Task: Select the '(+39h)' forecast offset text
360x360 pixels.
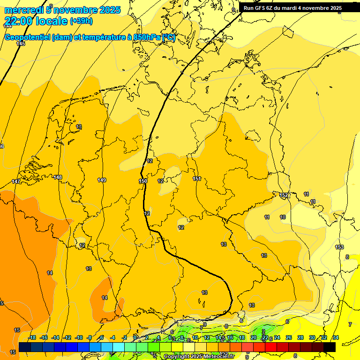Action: tap(81, 21)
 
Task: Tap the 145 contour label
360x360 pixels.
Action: tap(21, 44)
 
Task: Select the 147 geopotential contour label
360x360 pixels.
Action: tap(16, 181)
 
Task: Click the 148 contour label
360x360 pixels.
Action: tap(58, 177)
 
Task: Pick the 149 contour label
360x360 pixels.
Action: tap(102, 180)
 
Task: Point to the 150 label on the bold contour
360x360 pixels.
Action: tap(143, 181)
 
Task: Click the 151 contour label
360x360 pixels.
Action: tap(197, 179)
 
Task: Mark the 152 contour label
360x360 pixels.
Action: tap(284, 195)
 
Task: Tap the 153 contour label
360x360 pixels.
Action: tap(339, 247)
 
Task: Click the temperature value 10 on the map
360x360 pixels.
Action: tap(283, 217)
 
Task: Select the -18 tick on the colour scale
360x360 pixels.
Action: tap(32, 337)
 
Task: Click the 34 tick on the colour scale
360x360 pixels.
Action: tap(336, 337)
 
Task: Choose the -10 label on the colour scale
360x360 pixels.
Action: tap(79, 337)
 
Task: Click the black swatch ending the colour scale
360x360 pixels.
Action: tap(330, 347)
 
